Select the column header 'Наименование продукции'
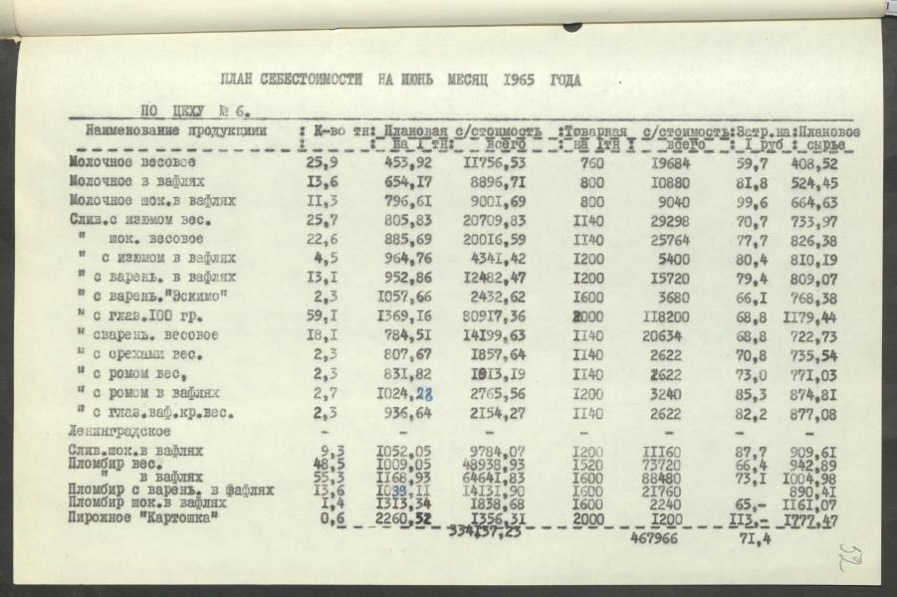point(175,130)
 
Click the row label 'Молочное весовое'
point(132,162)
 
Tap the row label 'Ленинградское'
point(120,431)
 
